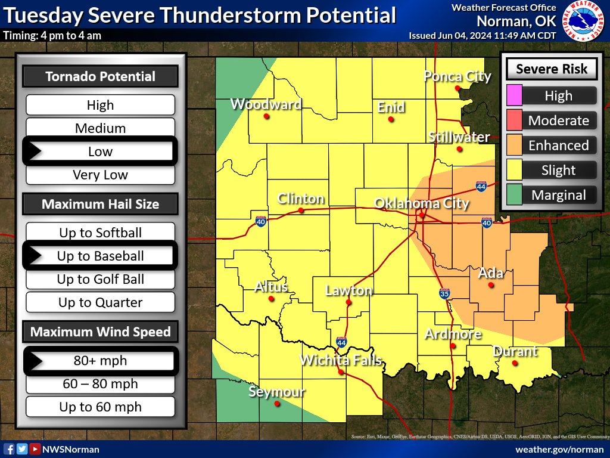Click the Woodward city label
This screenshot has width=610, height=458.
click(266, 104)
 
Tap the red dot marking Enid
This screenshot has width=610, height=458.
click(391, 119)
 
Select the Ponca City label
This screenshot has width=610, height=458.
click(457, 76)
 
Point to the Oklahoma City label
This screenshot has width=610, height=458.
click(421, 203)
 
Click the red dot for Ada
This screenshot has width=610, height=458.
click(491, 285)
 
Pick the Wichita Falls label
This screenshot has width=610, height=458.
click(340, 360)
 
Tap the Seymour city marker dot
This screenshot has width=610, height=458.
click(276, 403)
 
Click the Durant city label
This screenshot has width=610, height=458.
click(515, 351)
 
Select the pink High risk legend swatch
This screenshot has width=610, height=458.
click(514, 95)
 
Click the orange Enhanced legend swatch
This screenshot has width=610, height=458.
click(514, 146)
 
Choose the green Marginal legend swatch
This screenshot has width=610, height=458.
click(514, 195)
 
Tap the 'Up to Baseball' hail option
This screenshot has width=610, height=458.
click(100, 256)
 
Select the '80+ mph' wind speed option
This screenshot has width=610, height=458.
click(100, 361)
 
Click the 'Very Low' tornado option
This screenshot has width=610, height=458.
click(100, 175)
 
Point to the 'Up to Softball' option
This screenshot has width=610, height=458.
click(100, 233)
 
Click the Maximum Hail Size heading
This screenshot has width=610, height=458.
click(100, 204)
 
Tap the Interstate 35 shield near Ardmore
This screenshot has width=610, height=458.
click(444, 293)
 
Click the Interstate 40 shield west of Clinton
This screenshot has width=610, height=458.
click(261, 221)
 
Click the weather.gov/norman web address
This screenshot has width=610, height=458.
click(558, 449)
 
